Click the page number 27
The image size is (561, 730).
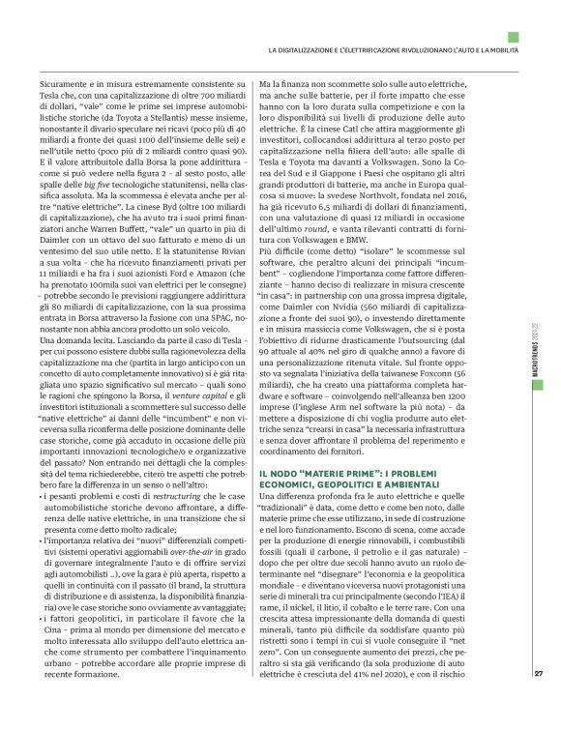[x=539, y=700]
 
